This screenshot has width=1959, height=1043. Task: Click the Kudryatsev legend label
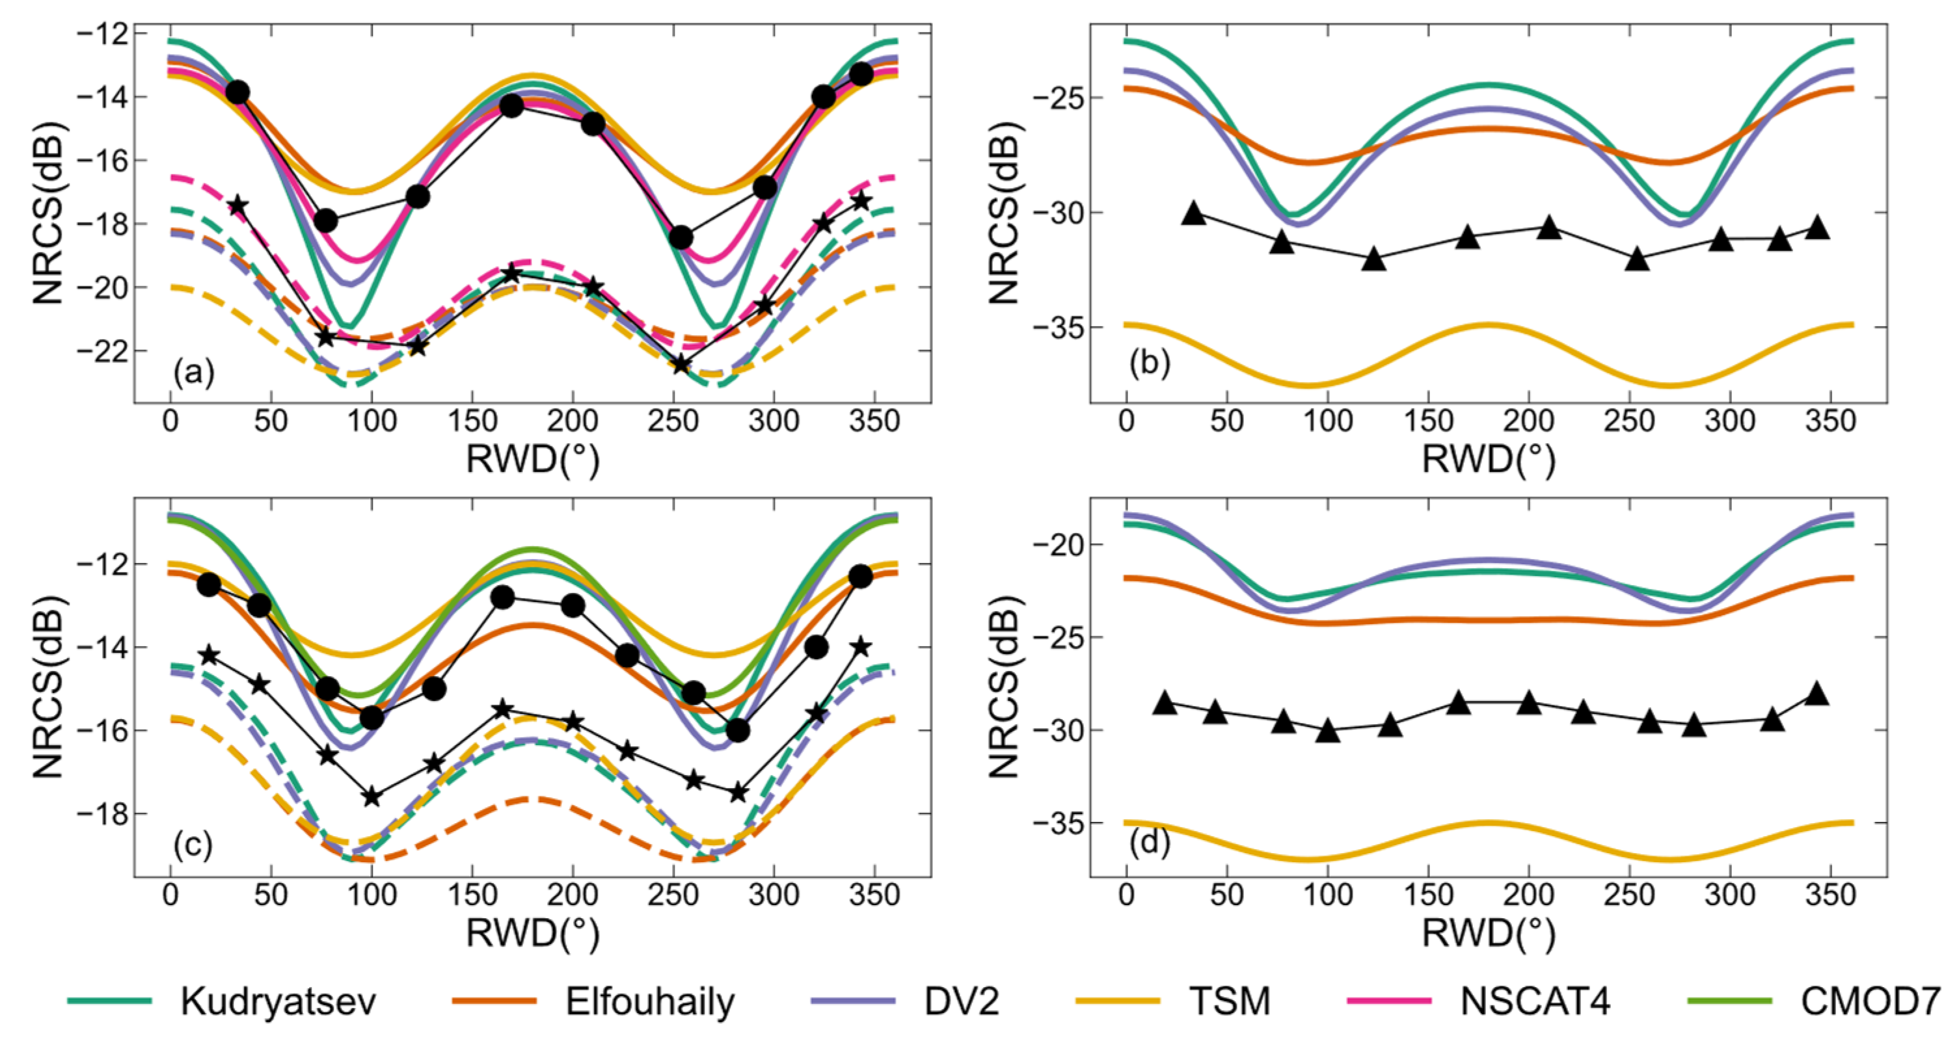pyautogui.click(x=278, y=1002)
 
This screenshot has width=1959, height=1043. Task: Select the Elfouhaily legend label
pyautogui.click(x=650, y=1002)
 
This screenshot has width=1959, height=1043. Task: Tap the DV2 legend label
pyautogui.click(x=961, y=1002)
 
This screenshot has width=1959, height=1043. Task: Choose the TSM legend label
pyautogui.click(x=1230, y=1002)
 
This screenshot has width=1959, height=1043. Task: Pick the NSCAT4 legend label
pyautogui.click(x=1535, y=1002)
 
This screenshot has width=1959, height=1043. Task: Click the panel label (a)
pyautogui.click(x=194, y=373)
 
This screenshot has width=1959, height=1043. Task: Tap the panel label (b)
pyautogui.click(x=1149, y=363)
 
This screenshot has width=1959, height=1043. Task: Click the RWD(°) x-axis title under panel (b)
pyautogui.click(x=1488, y=459)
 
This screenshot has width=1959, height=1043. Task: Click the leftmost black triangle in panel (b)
pyautogui.click(x=1194, y=214)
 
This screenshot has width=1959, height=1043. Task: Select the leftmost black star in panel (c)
pyautogui.click(x=208, y=655)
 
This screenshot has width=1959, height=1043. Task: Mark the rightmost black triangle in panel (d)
pyautogui.click(x=1817, y=693)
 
